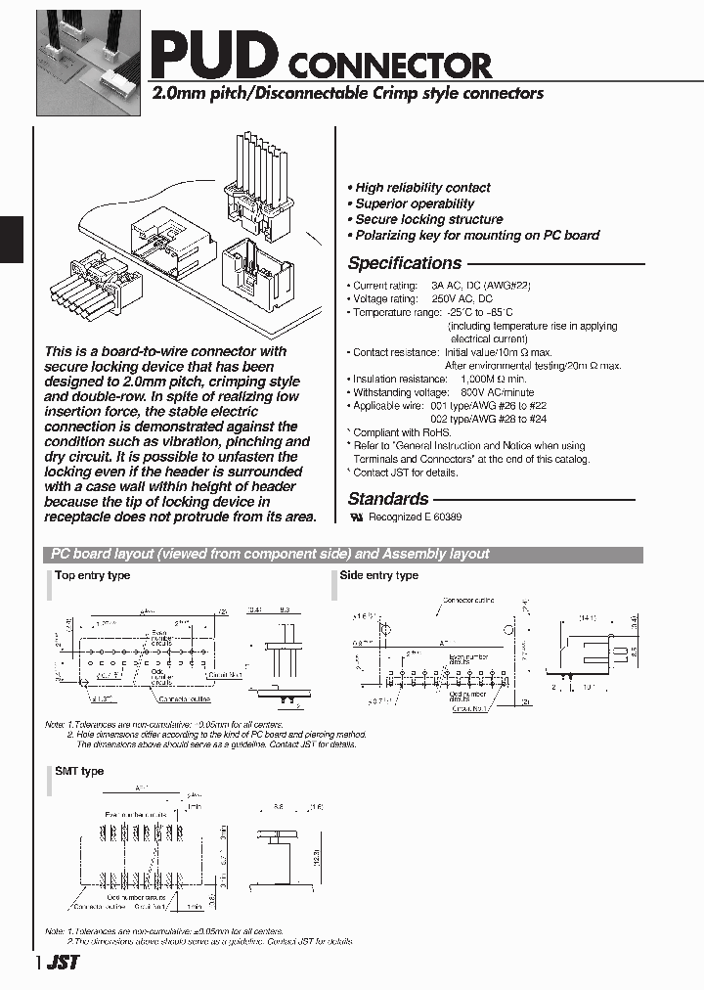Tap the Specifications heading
click(x=405, y=263)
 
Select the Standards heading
click(x=388, y=499)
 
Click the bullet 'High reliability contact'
click(x=422, y=188)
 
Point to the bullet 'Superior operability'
click(x=415, y=203)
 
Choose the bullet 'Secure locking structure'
click(x=428, y=219)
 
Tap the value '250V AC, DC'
click(x=462, y=298)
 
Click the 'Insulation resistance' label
click(x=394, y=379)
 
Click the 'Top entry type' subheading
click(x=92, y=576)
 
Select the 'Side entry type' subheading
click(x=378, y=576)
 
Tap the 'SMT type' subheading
click(x=79, y=772)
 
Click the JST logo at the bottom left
click(x=63, y=963)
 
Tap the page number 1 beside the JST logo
click(x=39, y=963)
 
